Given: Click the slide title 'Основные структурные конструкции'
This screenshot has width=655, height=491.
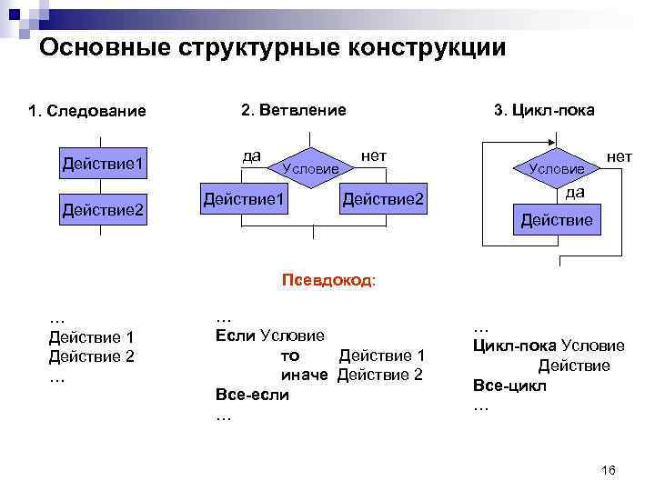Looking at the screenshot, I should click(272, 47).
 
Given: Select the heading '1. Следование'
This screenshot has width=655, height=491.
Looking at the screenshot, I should click(87, 112).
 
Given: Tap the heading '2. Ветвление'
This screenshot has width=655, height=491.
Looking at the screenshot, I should click(293, 110).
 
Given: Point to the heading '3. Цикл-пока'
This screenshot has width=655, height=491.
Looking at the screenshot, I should click(544, 110).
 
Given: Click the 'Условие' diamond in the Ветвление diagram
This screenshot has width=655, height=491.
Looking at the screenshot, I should click(311, 167).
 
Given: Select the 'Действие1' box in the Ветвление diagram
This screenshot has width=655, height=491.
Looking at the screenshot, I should click(245, 198).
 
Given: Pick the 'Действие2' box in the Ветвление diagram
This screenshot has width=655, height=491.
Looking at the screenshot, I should click(383, 198).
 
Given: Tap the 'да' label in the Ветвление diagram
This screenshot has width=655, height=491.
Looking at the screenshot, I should click(252, 156).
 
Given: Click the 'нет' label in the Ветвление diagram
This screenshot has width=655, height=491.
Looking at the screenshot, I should click(374, 156).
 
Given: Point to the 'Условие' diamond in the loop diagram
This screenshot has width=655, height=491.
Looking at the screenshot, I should click(557, 168).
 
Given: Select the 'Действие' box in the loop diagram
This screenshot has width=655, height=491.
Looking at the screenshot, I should click(556, 220).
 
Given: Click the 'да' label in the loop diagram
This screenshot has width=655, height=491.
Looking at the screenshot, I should click(575, 192).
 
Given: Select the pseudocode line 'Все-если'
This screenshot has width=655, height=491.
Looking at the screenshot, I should click(252, 395).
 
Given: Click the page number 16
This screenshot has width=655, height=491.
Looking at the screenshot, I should click(609, 469).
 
